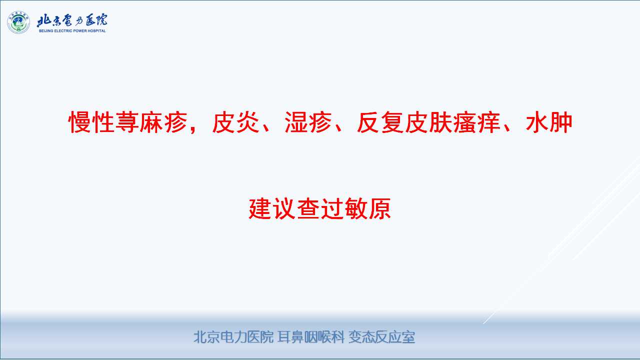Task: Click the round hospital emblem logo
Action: coord(18,22)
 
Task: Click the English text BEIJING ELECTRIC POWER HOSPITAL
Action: coord(72,31)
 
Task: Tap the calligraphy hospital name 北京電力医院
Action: coord(72,20)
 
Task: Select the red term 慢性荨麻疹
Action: coord(128,122)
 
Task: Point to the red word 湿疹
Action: coord(308,122)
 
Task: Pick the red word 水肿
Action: coord(549,122)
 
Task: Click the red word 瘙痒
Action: coord(477,122)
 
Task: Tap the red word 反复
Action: coord(380,122)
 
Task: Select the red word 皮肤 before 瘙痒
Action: coord(428,122)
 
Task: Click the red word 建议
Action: coord(272,208)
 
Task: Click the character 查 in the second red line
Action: coord(308,208)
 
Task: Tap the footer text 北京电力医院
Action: coord(233,337)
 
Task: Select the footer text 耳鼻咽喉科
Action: coord(311,337)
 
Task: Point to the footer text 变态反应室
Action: coord(381,337)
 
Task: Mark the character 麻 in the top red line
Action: coord(151,122)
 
